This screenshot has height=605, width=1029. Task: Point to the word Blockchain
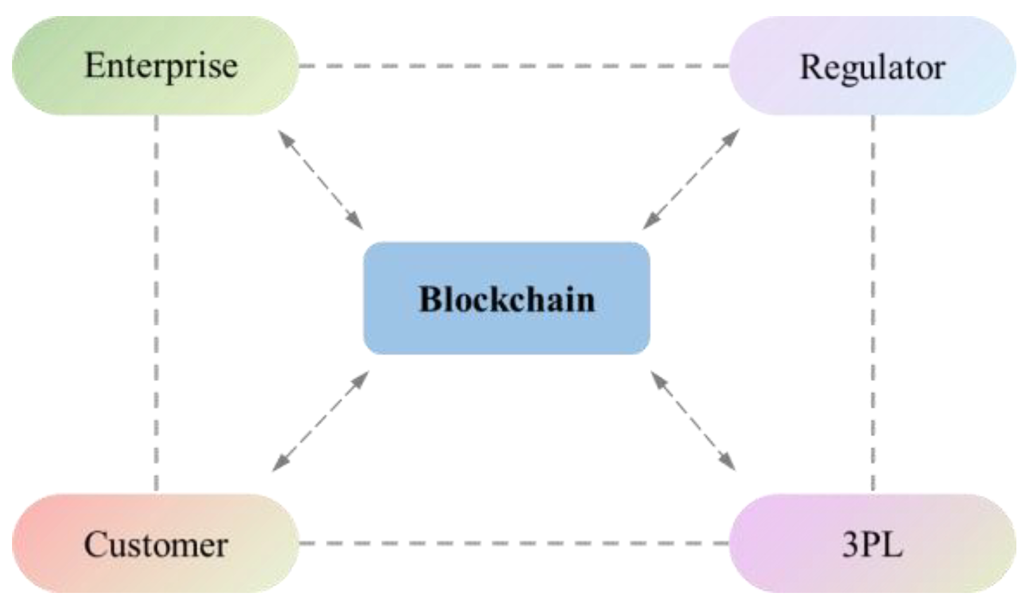[507, 299]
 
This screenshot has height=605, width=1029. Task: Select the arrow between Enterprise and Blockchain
[320, 179]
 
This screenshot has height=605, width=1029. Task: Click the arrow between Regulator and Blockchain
[691, 179]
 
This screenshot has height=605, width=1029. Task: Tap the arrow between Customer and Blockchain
[320, 421]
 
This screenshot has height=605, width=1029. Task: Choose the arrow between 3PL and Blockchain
[693, 421]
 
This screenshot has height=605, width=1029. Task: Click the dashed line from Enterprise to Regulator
[514, 65]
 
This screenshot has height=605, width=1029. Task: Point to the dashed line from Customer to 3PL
[514, 542]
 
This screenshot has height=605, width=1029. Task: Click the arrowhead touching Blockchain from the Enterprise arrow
[356, 222]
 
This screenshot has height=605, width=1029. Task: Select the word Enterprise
[161, 65]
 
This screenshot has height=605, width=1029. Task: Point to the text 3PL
[872, 544]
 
